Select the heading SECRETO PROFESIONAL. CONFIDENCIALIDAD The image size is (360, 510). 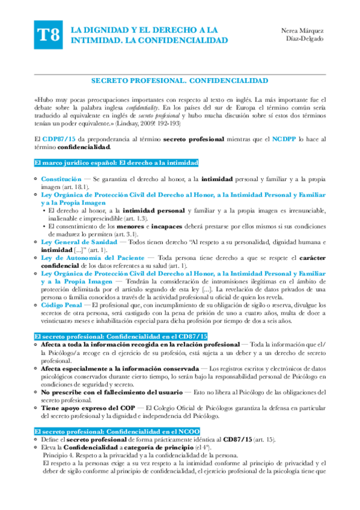(x=179, y=80)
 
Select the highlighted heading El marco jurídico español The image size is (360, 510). (x=116, y=163)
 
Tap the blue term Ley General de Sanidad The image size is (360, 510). (x=78, y=241)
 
